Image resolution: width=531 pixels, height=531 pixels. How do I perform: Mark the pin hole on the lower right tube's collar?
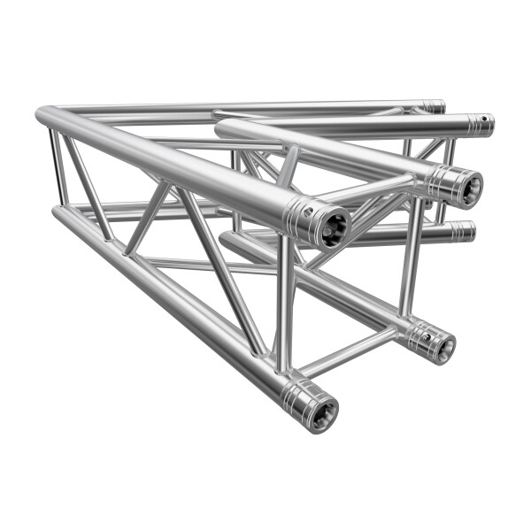pos(424,335)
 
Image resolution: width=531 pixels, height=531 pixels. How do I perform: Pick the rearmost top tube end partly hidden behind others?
pos(434,107)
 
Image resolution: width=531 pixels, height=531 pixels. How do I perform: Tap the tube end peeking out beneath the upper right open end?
pos(463,232)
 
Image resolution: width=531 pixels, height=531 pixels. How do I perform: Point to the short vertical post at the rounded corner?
pos(58,168)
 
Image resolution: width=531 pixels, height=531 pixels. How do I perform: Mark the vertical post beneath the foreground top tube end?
pos(282,301)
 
